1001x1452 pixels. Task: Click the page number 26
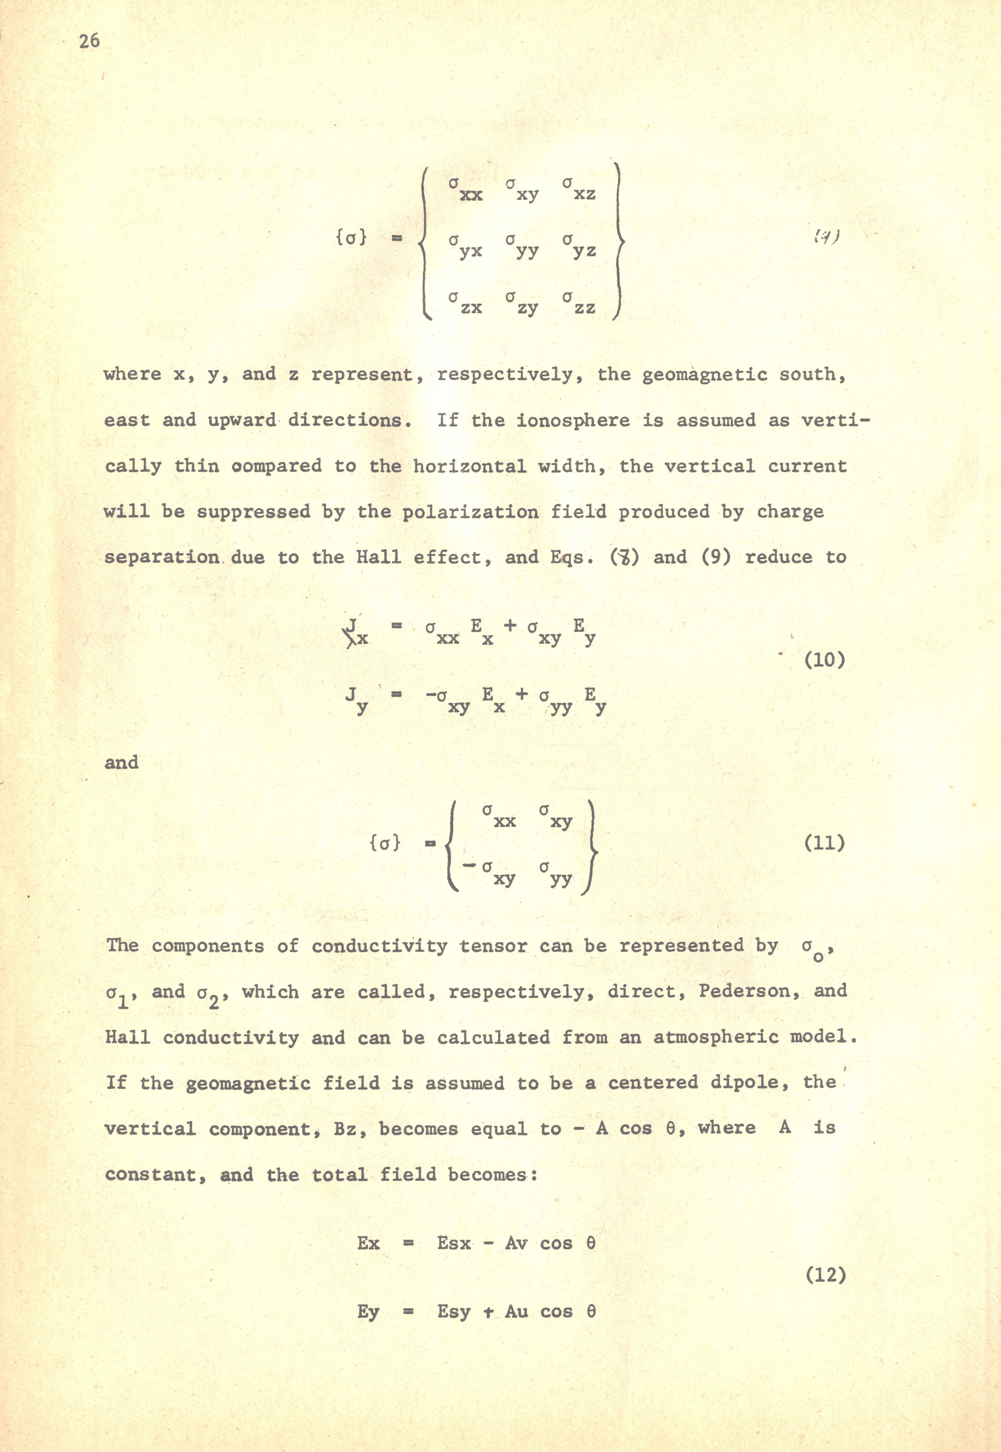point(90,41)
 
